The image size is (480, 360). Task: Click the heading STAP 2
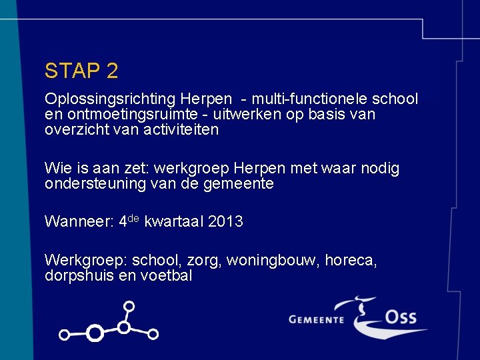point(81,71)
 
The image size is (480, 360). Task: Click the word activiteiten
point(181,129)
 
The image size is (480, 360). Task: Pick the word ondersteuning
point(95,183)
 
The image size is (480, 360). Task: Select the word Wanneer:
point(78,222)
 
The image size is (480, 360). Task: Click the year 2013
point(225,222)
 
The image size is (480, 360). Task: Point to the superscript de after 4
point(133,218)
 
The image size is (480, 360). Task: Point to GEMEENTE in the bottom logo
point(316,319)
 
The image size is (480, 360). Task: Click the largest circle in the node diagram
point(95,333)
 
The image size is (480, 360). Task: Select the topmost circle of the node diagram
point(129,307)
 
